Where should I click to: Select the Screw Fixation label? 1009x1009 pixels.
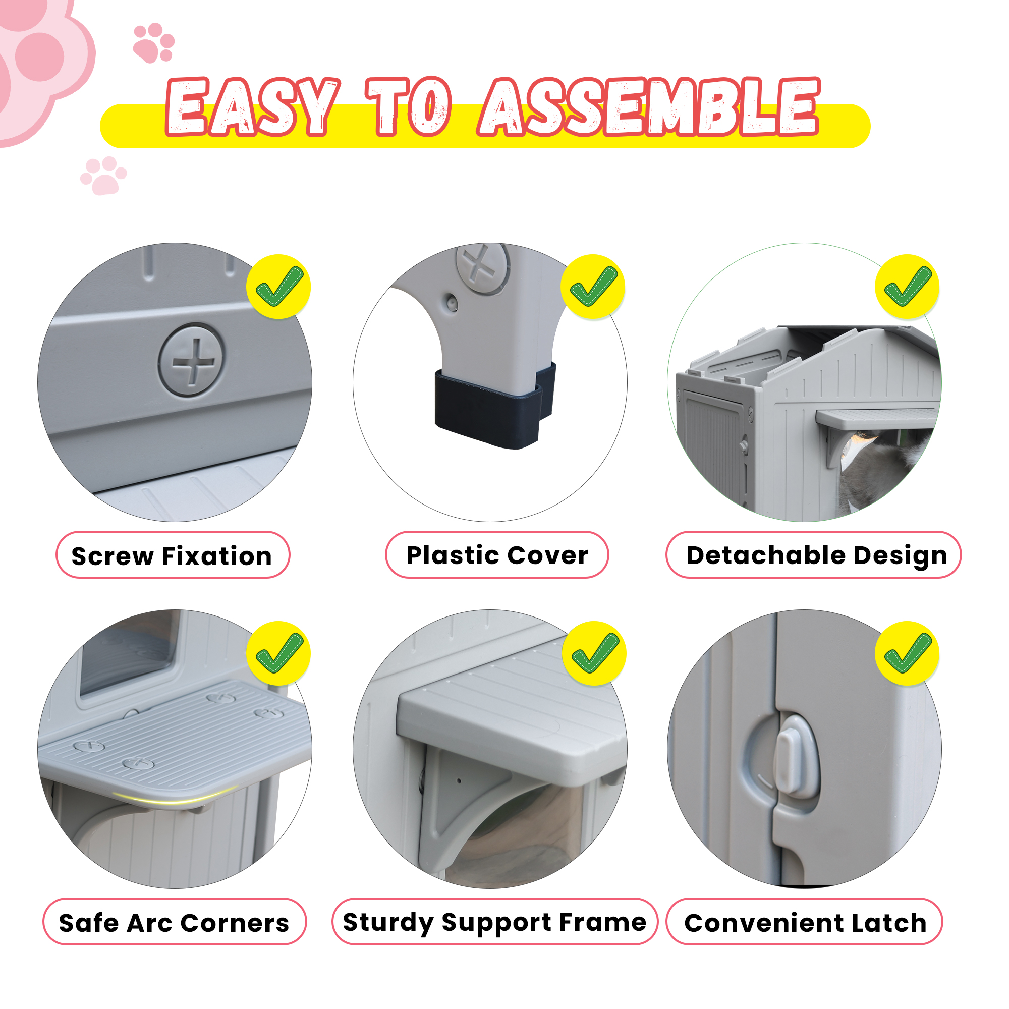click(173, 555)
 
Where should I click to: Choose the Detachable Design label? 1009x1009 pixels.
click(814, 554)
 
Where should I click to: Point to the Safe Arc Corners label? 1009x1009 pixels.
click(175, 923)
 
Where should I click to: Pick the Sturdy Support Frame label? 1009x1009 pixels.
click(494, 922)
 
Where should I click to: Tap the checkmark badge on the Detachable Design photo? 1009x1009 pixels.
click(907, 287)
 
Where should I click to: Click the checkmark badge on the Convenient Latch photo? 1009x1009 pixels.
click(907, 653)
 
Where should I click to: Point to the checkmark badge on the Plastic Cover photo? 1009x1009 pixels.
click(593, 287)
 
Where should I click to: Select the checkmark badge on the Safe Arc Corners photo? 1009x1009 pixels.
click(279, 653)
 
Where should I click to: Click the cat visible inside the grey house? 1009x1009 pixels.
click(877, 468)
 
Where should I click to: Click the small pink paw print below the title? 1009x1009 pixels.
click(103, 176)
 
